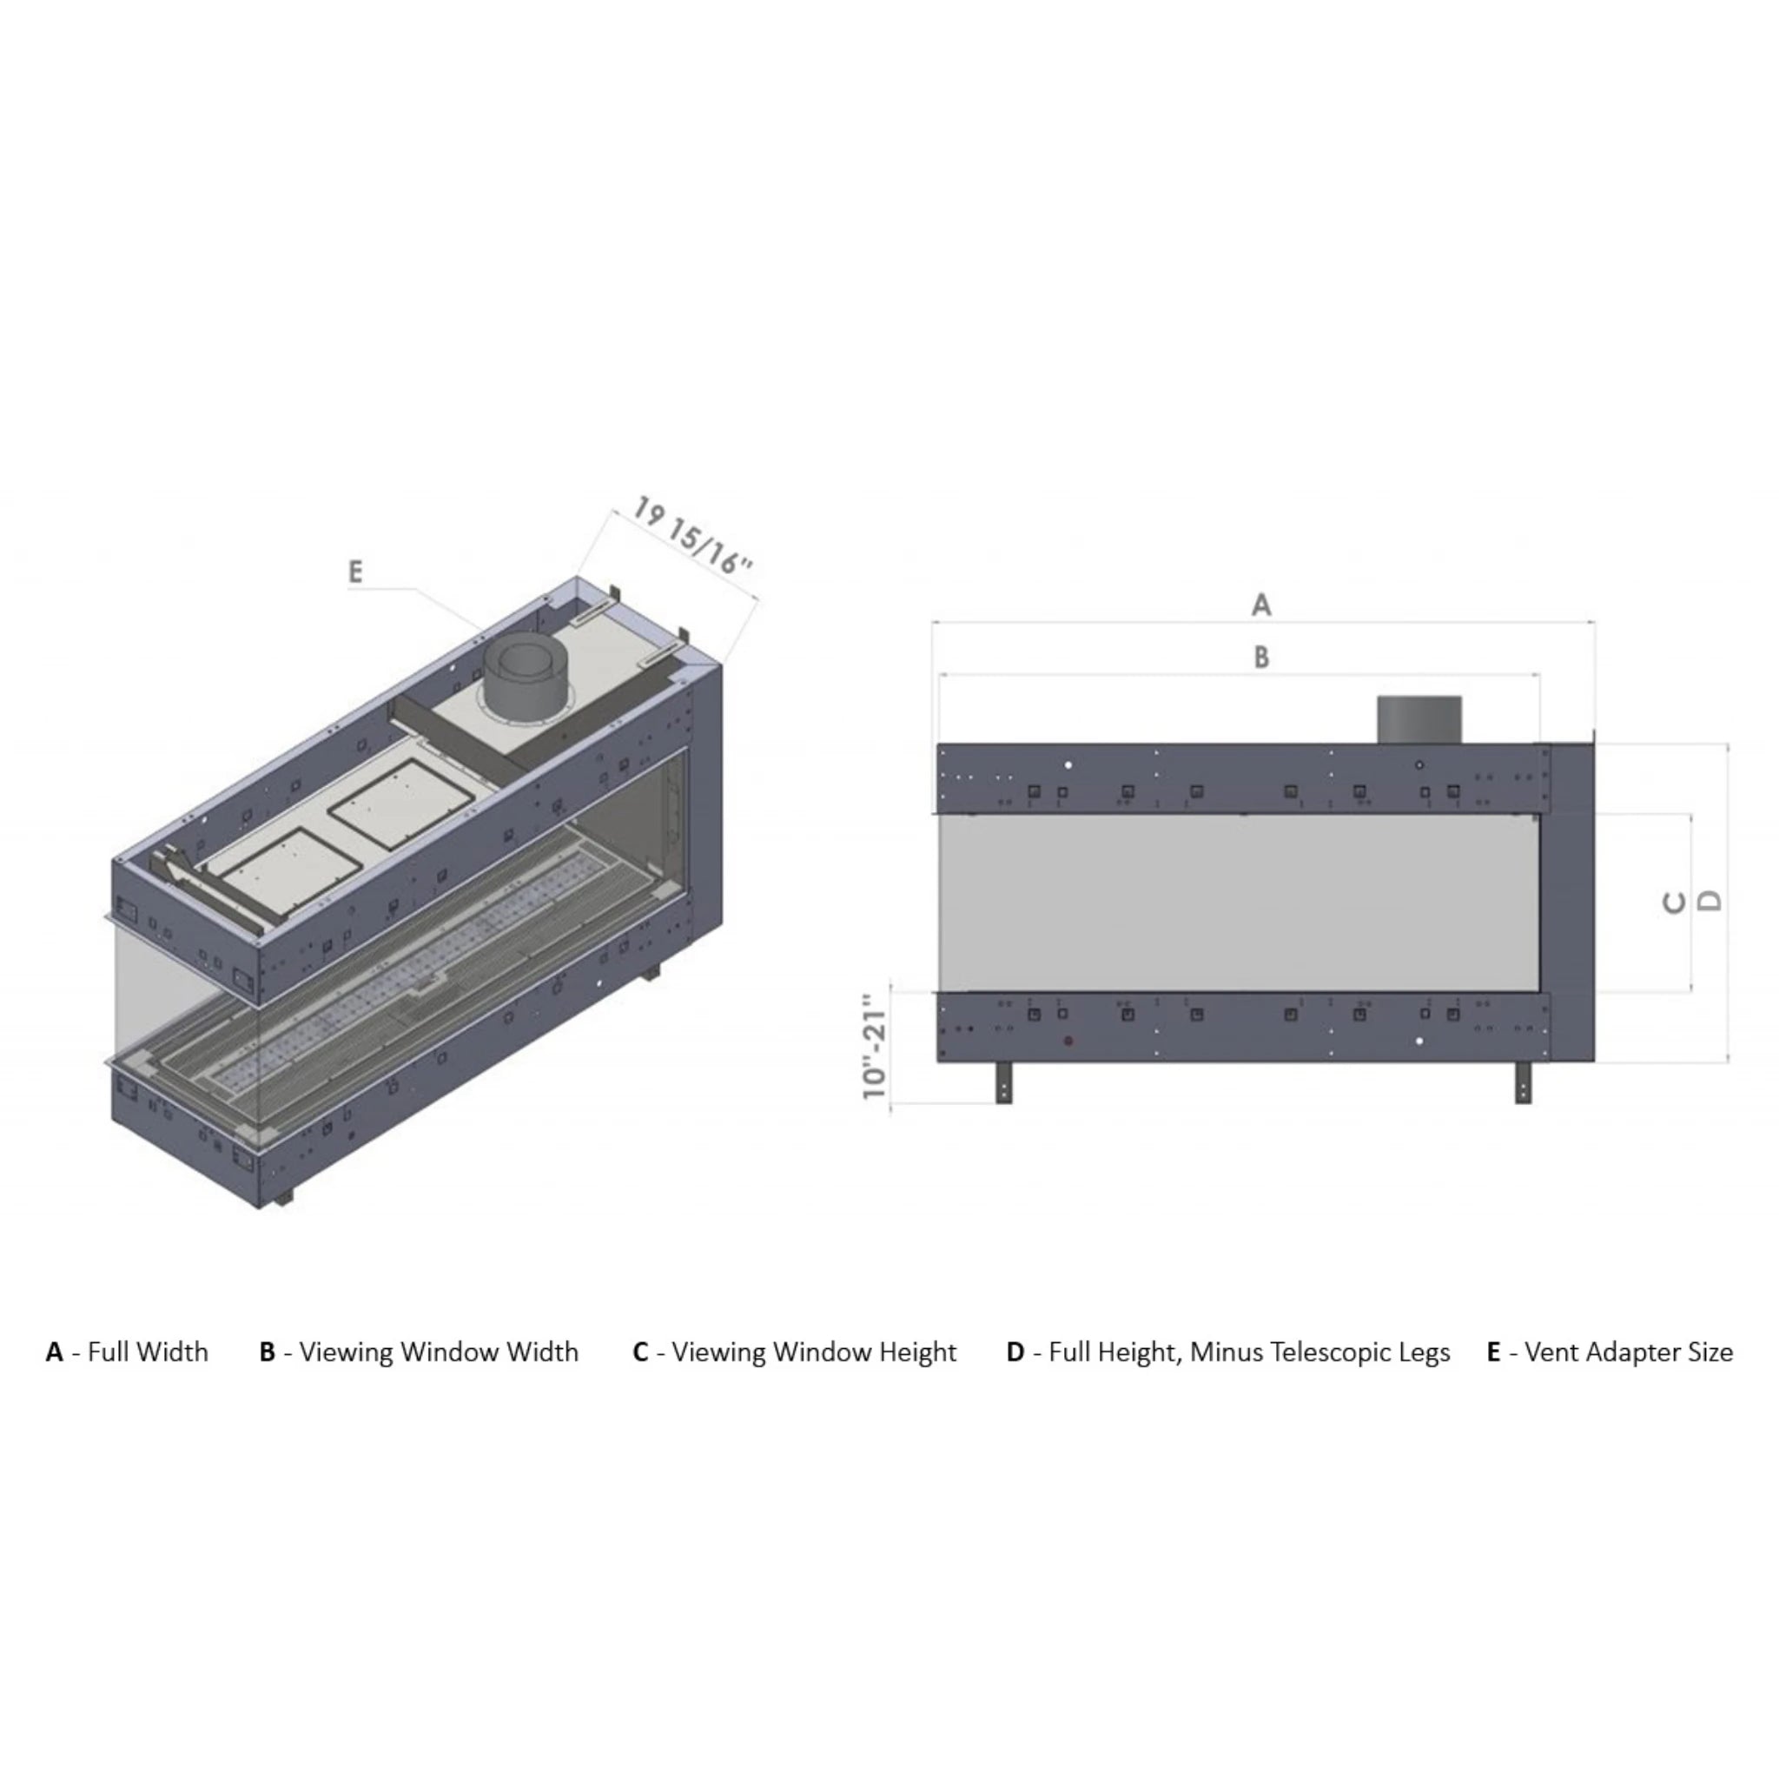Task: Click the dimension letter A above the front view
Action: [1261, 605]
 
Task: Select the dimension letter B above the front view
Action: [1261, 657]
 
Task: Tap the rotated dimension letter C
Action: [1675, 903]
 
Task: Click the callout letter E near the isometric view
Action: [355, 572]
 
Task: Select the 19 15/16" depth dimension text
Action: [692, 535]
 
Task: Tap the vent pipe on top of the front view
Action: [1419, 719]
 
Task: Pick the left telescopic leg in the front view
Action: [1003, 1082]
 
